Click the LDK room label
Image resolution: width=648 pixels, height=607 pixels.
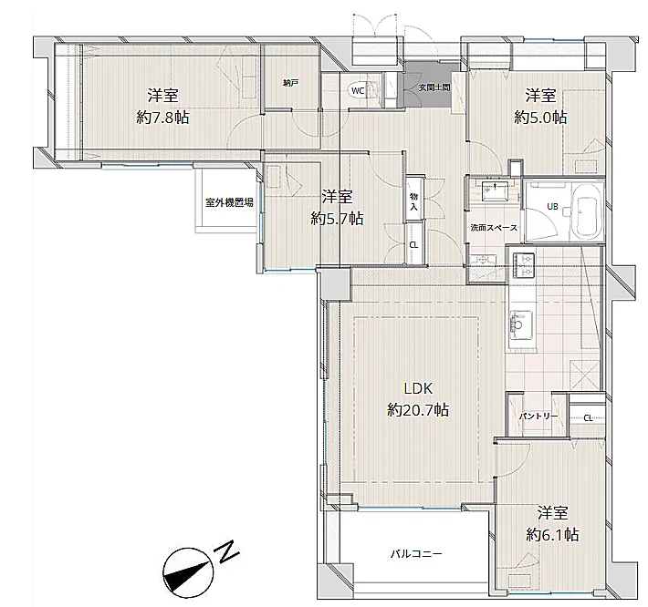[418, 388]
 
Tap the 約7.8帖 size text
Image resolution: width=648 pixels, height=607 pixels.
[162, 118]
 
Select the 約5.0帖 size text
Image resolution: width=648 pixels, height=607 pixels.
[540, 118]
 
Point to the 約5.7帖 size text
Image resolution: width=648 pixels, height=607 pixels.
[337, 219]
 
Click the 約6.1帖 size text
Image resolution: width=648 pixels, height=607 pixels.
[552, 535]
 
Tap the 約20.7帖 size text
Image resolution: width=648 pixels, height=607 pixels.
[418, 410]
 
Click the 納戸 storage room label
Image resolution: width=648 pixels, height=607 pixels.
[290, 83]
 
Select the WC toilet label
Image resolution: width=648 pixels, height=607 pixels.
[358, 91]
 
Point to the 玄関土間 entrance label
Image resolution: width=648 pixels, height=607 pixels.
[434, 87]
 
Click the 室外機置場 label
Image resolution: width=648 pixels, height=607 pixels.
[229, 202]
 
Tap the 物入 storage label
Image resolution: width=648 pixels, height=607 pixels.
[413, 201]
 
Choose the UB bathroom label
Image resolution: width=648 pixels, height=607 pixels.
[552, 206]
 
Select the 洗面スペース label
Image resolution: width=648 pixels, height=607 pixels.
[494, 227]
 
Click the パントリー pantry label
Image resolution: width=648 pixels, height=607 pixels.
[538, 417]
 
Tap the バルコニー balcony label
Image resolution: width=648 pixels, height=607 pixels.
[416, 553]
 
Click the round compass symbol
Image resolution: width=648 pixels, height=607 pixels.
[188, 573]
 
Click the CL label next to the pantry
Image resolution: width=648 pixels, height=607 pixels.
[588, 418]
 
